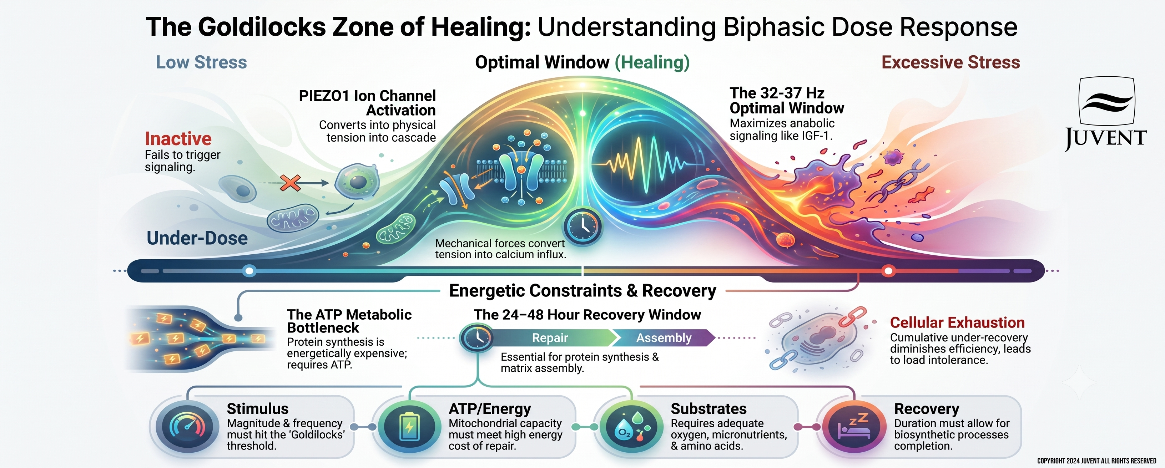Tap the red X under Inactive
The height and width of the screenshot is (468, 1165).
pyautogui.click(x=290, y=183)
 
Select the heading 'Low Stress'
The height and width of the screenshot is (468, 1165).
pyautogui.click(x=201, y=62)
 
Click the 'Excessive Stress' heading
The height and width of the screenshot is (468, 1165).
pyautogui.click(x=950, y=62)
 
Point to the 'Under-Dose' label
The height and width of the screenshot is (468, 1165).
pyautogui.click(x=197, y=238)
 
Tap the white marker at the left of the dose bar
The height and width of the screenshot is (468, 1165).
pyautogui.click(x=249, y=271)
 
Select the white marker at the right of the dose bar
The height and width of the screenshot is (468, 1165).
pyautogui.click(x=888, y=271)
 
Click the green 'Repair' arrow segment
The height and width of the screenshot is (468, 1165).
pyautogui.click(x=550, y=338)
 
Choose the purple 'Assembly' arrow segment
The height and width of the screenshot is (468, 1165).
pyautogui.click(x=664, y=338)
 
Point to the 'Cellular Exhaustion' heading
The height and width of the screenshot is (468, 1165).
pyautogui.click(x=957, y=322)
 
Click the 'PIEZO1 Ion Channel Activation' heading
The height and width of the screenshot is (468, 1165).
pyautogui.click(x=367, y=103)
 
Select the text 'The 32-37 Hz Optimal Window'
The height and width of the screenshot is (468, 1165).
pyautogui.click(x=787, y=100)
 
